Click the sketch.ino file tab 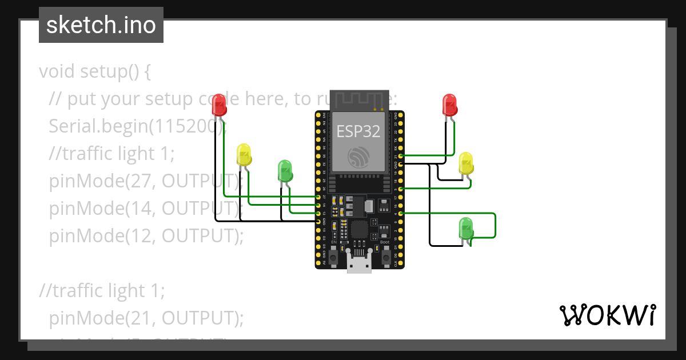(101, 25)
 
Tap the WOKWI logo (607, 315)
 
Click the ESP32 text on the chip (358, 131)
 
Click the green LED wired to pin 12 (285, 170)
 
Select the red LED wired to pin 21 (450, 105)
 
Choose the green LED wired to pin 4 (466, 228)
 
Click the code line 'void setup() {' (95, 72)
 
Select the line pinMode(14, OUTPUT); (146, 208)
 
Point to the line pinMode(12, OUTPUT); (146, 235)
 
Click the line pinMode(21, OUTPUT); (146, 318)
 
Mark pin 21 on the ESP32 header (401, 155)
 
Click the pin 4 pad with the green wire (401, 213)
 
